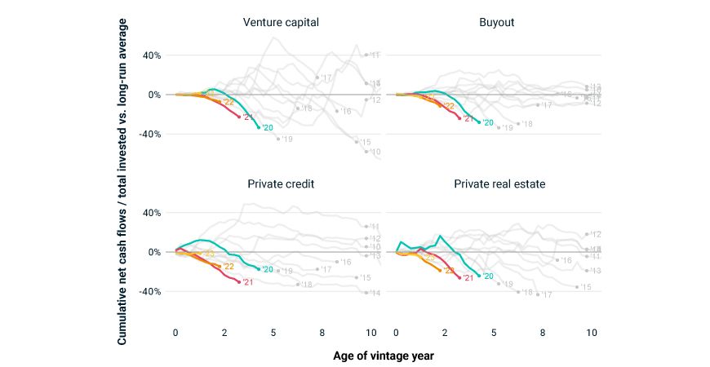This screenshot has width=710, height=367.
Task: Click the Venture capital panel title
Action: point(280,21)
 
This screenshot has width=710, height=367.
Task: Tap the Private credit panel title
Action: point(281,183)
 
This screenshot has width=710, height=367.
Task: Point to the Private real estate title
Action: point(499,183)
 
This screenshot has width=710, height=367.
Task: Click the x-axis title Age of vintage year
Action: point(384,356)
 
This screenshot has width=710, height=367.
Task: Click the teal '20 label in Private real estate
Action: point(488,276)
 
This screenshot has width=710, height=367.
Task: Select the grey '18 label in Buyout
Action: point(526,124)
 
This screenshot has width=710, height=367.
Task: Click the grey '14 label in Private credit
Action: point(375,293)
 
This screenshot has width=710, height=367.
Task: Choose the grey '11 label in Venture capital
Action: point(375,55)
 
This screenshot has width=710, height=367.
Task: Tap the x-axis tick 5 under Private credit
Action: point(273,332)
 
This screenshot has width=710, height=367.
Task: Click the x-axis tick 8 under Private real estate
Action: point(543,332)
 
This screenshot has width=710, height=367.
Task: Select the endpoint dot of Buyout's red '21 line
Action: point(459,118)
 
